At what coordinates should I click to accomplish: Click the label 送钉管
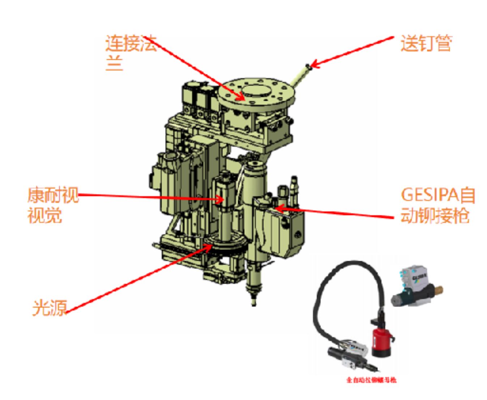point(426,43)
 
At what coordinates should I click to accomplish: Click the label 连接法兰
point(130,52)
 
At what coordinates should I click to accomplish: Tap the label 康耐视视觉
point(53,205)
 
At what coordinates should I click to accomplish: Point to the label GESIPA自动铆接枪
point(437,205)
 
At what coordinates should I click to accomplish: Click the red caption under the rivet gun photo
point(371,380)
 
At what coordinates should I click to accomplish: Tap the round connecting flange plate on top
point(257,92)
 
